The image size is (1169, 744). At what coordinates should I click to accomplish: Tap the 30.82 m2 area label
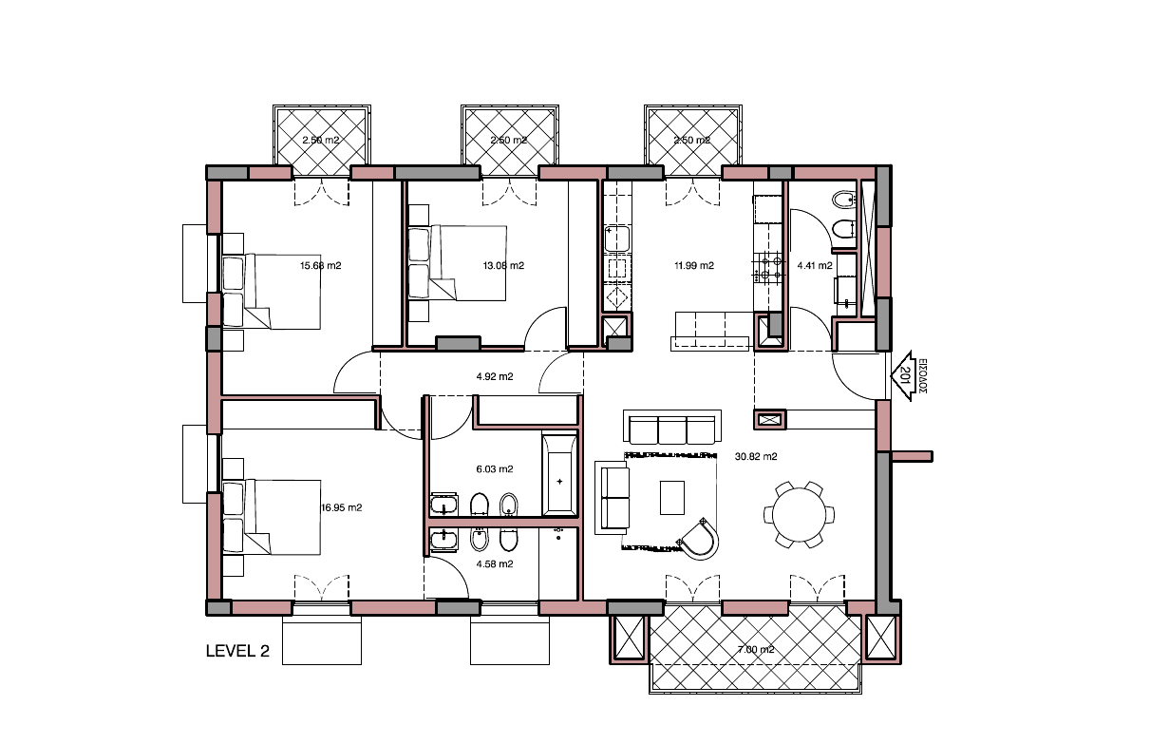756,457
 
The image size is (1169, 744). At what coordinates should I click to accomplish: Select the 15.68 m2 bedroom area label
320,266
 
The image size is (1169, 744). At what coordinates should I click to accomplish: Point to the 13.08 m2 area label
503,266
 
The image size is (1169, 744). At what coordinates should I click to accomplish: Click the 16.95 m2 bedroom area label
342,508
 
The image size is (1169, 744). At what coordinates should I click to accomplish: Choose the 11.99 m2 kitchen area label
693,266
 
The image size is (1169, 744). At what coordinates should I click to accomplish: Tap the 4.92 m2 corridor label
494,377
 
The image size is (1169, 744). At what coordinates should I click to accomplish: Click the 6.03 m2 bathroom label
494,469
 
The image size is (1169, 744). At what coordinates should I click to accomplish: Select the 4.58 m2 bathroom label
494,563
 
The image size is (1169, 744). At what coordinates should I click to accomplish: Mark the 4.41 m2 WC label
815,266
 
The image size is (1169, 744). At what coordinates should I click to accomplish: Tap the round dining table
799,514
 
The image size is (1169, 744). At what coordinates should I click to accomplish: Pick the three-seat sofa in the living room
671,429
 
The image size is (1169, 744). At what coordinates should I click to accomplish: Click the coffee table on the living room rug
671,496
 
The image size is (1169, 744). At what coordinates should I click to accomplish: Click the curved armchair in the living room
703,538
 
